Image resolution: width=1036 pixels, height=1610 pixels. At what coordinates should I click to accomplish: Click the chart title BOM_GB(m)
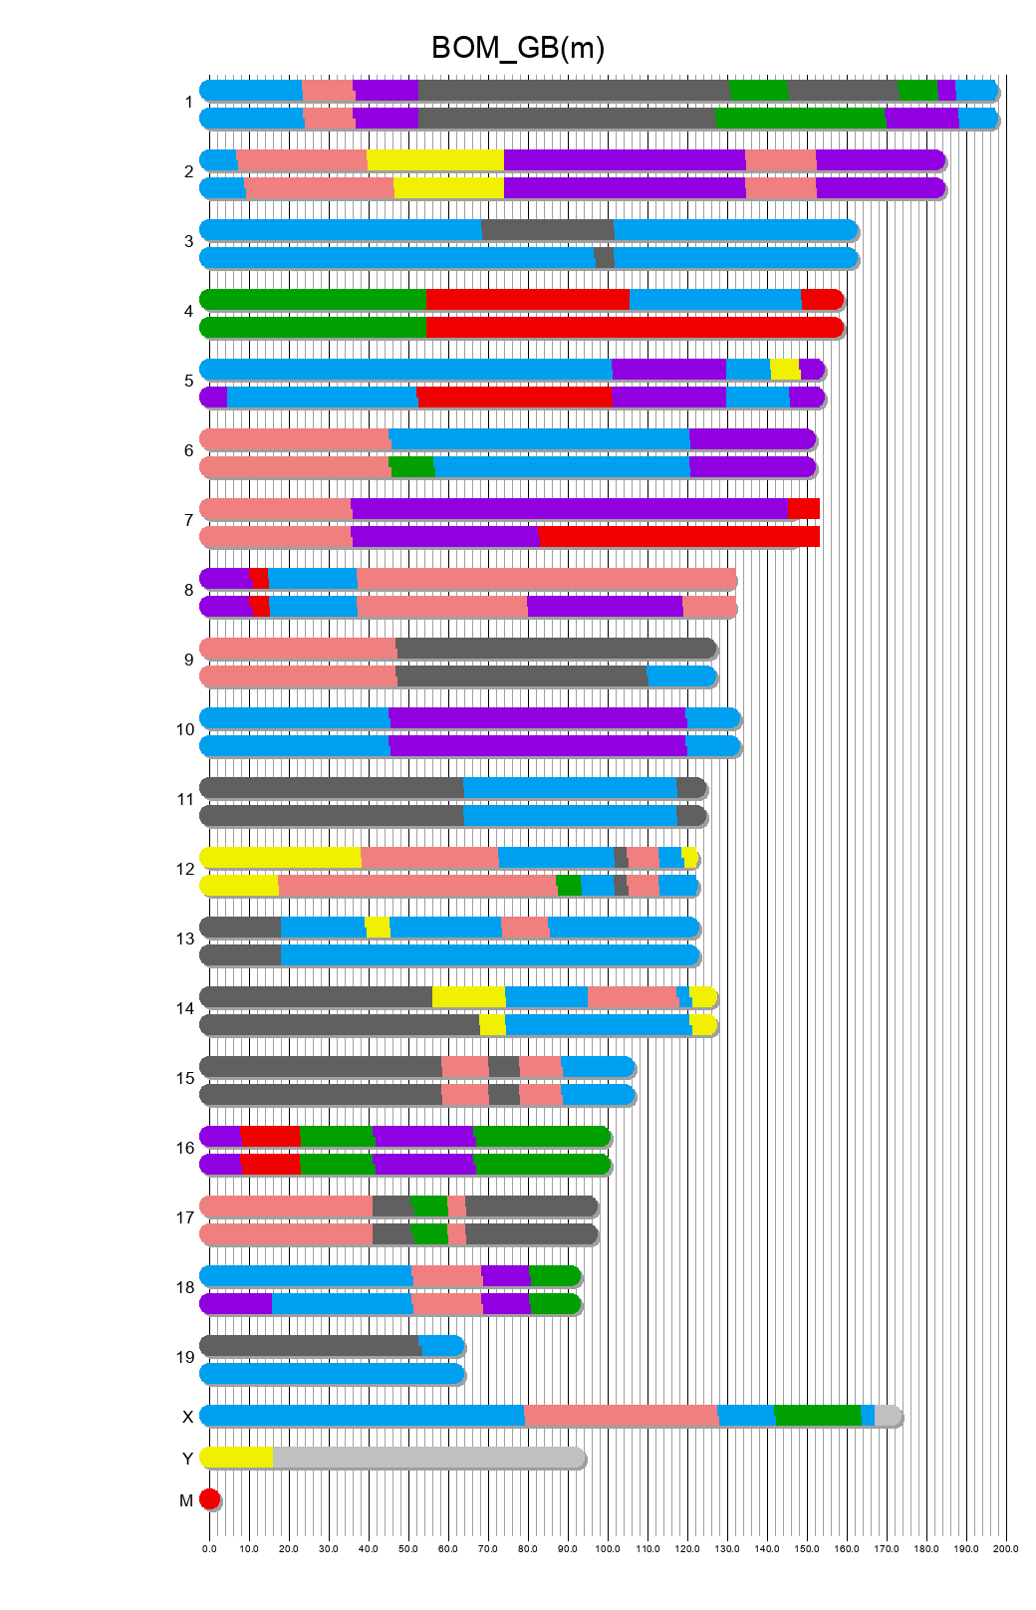click(517, 48)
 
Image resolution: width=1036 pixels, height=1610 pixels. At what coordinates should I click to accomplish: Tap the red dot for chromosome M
click(209, 1499)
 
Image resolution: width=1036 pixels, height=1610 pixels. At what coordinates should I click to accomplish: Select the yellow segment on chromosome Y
click(237, 1458)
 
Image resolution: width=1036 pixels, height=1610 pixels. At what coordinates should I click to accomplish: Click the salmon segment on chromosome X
click(621, 1416)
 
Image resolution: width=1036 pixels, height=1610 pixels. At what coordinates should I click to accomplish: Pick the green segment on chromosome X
click(817, 1416)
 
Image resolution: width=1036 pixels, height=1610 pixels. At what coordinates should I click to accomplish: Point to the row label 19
click(185, 1357)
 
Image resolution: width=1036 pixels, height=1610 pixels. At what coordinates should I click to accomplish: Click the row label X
click(187, 1417)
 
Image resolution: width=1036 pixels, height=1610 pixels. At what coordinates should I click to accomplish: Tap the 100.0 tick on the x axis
click(608, 1548)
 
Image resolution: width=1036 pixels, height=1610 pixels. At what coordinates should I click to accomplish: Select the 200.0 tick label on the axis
click(1006, 1548)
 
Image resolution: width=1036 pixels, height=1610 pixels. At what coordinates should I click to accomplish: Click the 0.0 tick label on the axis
click(209, 1548)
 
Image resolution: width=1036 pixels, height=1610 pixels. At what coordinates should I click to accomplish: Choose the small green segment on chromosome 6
click(412, 467)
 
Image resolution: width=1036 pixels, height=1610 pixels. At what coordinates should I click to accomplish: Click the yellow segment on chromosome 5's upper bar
click(785, 370)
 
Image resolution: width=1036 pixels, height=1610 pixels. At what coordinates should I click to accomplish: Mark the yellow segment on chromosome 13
click(378, 928)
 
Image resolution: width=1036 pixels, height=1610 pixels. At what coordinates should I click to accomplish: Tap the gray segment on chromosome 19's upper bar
click(309, 1346)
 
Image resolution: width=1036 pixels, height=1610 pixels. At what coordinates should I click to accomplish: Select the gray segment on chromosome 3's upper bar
click(548, 230)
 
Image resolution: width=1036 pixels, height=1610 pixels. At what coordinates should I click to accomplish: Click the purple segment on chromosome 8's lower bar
click(605, 607)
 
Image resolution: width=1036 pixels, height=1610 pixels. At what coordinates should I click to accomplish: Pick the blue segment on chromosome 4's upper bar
click(714, 300)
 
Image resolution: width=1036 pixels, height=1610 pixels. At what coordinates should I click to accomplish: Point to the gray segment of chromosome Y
click(428, 1458)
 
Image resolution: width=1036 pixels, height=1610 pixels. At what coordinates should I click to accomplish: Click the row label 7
click(188, 520)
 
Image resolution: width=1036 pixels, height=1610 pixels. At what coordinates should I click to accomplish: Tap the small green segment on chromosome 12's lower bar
click(569, 886)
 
